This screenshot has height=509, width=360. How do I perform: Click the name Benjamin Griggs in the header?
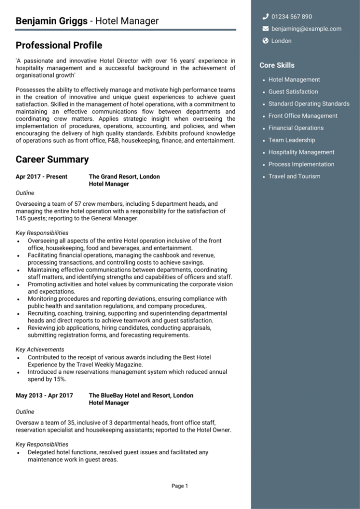click(x=51, y=21)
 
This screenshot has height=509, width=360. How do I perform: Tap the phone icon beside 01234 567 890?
click(x=266, y=16)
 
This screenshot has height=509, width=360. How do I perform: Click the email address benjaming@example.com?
click(x=306, y=29)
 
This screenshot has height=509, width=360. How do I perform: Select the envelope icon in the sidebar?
click(x=266, y=29)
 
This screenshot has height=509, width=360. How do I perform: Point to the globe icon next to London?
click(x=266, y=41)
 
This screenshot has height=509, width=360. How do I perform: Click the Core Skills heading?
click(x=277, y=65)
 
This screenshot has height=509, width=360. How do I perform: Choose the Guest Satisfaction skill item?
click(x=293, y=91)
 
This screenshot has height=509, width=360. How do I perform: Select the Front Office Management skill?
click(x=303, y=116)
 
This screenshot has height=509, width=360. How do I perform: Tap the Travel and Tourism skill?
click(x=294, y=176)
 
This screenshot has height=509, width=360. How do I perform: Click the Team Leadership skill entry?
click(x=291, y=140)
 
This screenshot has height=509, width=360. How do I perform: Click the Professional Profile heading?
click(x=59, y=46)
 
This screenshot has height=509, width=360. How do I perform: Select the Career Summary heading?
click(x=52, y=160)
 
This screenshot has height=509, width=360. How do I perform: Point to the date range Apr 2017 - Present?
click(x=41, y=176)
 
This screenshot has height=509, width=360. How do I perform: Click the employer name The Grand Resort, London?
click(x=124, y=176)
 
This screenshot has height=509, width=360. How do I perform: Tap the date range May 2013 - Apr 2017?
click(x=44, y=396)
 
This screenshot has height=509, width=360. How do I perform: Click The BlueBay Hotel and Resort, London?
click(x=141, y=396)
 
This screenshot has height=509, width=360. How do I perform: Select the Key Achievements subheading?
click(x=40, y=349)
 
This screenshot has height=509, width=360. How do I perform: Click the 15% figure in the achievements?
click(x=60, y=379)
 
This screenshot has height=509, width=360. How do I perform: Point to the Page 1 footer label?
click(x=180, y=486)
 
